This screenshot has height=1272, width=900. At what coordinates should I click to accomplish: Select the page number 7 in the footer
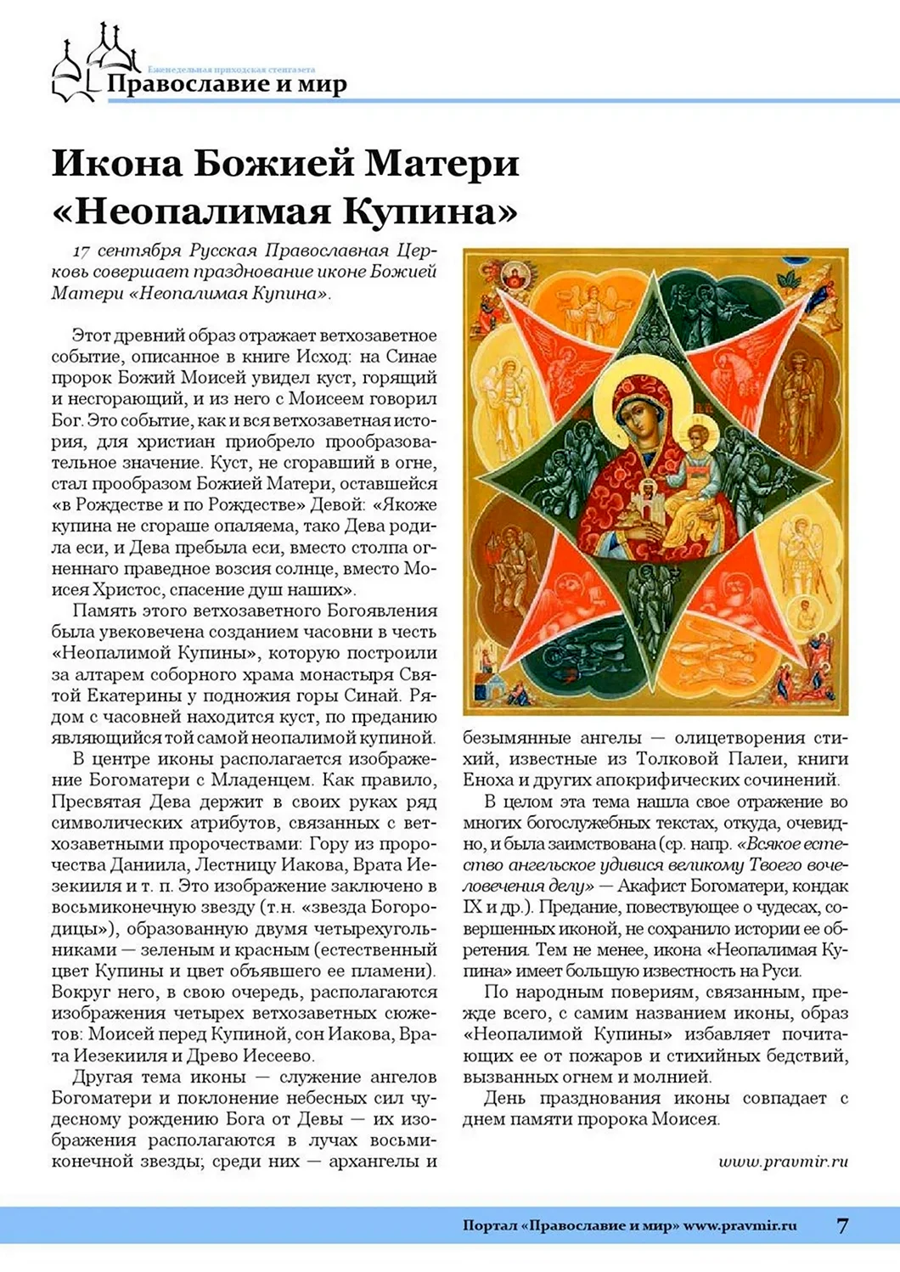(x=841, y=1225)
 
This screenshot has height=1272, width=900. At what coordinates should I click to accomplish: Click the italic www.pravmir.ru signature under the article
(x=783, y=1162)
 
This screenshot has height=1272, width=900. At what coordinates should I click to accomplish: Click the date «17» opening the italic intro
(x=82, y=251)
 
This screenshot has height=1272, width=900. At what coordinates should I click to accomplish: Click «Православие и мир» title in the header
(x=227, y=85)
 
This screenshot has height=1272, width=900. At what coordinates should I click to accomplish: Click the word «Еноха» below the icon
(x=489, y=780)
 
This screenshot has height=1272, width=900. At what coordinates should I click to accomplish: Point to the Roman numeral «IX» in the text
(x=473, y=907)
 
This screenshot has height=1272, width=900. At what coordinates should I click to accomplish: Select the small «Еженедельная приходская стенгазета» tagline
(x=231, y=69)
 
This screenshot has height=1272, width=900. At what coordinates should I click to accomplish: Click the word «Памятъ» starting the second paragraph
(x=103, y=611)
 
